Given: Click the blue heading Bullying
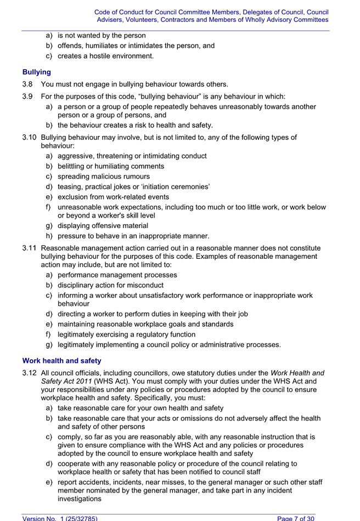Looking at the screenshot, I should (37, 72).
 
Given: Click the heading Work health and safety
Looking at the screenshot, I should (61, 361).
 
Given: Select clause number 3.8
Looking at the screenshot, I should (28, 84).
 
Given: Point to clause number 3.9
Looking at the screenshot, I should (28, 97).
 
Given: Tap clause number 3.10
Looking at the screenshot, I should (30, 138).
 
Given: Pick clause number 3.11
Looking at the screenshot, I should (30, 248).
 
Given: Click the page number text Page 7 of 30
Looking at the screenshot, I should (296, 518).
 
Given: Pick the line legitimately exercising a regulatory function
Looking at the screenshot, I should (126, 335).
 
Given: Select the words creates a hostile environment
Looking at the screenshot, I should (105, 56).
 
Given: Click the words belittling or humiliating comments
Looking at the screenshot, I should (111, 166).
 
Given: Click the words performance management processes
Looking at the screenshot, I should (117, 275).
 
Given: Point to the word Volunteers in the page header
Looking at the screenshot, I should (144, 20).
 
